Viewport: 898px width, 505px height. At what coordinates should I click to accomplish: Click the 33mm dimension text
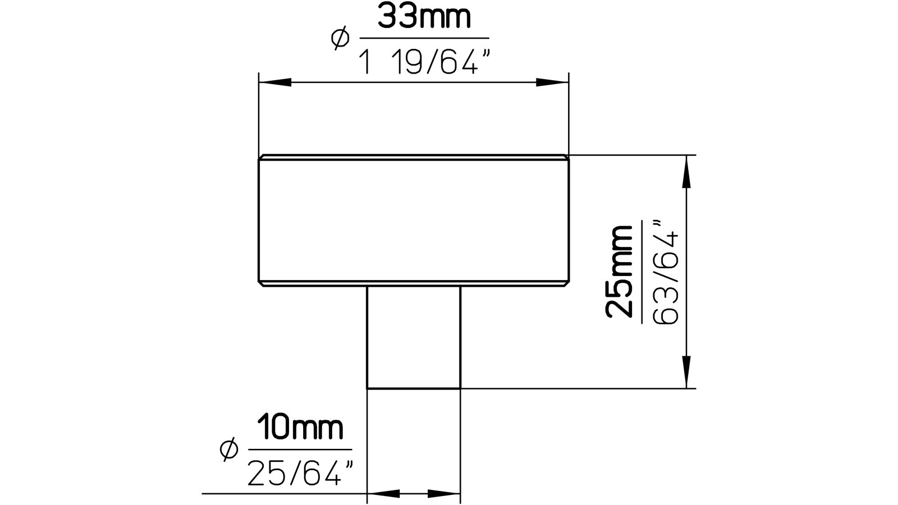coord(424,17)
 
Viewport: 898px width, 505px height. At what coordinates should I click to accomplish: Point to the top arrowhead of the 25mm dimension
coord(686,172)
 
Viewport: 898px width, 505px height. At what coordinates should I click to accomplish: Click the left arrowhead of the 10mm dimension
coord(384,494)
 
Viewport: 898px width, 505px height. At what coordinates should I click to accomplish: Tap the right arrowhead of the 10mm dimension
coord(443,494)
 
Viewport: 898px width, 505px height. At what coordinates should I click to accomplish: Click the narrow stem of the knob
coord(414,337)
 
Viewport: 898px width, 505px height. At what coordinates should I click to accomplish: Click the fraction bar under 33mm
coord(424,39)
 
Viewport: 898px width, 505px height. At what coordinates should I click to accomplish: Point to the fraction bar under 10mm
coord(300,449)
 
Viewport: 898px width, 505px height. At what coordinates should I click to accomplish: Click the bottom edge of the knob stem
coord(414,388)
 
